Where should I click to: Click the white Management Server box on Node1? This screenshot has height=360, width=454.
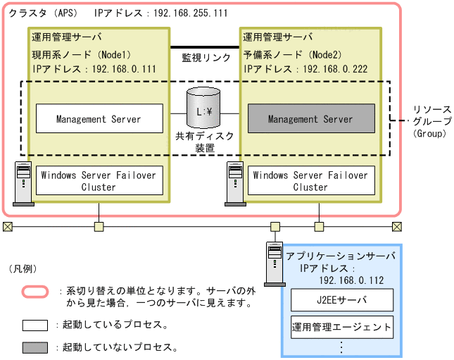[x=99, y=120]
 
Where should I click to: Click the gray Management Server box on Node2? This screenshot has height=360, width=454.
[x=310, y=120]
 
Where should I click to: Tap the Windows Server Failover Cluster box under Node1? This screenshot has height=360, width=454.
[x=99, y=181]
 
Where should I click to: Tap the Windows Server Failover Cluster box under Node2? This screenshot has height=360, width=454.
[x=310, y=181]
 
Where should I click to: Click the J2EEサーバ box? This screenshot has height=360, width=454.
[x=342, y=301]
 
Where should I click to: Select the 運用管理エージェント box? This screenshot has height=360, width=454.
[x=342, y=328]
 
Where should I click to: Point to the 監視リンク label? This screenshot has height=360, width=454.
[x=205, y=56]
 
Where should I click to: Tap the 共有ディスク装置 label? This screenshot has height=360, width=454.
[x=205, y=142]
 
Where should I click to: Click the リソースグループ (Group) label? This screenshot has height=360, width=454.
[x=432, y=120]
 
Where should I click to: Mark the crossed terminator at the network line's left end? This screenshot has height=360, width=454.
[x=7, y=226]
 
